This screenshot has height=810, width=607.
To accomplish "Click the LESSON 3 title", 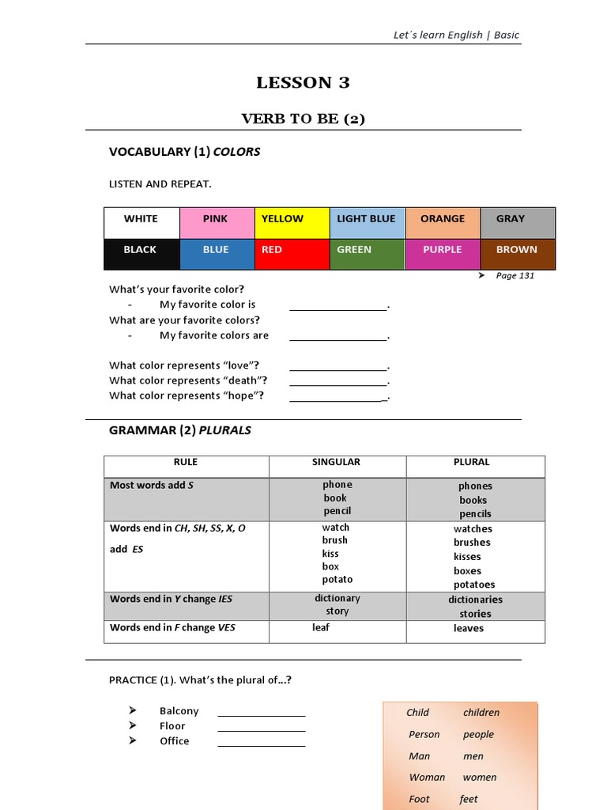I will (303, 83).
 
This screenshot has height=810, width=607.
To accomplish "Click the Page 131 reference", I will (517, 275).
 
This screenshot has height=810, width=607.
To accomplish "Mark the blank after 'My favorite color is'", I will (337, 305).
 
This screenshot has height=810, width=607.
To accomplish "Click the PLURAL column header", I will (472, 462).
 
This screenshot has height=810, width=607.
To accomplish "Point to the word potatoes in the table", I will (474, 585).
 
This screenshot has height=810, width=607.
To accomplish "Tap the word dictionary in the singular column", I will (337, 599).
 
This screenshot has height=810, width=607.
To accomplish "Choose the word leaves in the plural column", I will (469, 628).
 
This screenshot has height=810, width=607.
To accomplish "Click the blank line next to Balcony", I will (261, 711).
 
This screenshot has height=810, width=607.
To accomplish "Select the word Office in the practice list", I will (174, 741).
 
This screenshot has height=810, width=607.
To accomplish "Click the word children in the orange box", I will (481, 713).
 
